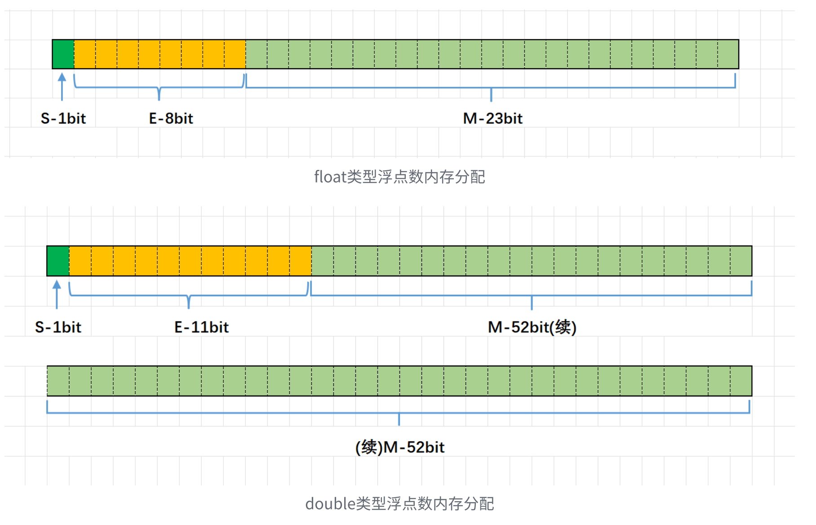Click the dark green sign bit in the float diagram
[63, 54]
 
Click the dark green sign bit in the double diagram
[58, 261]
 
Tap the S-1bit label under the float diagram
[63, 119]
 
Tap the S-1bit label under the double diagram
[58, 327]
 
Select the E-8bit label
[171, 119]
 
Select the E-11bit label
[202, 327]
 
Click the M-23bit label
[493, 119]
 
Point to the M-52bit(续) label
[532, 327]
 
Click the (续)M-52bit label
[400, 448]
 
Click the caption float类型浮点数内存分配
[399, 177]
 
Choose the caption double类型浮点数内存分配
[399, 504]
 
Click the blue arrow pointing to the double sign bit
[57, 294]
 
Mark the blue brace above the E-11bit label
[189, 295]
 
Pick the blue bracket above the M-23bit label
[491, 87]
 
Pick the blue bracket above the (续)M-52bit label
[399, 413]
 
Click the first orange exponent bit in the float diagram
[85, 54]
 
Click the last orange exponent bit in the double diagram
[301, 261]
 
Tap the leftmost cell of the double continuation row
[58, 381]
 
